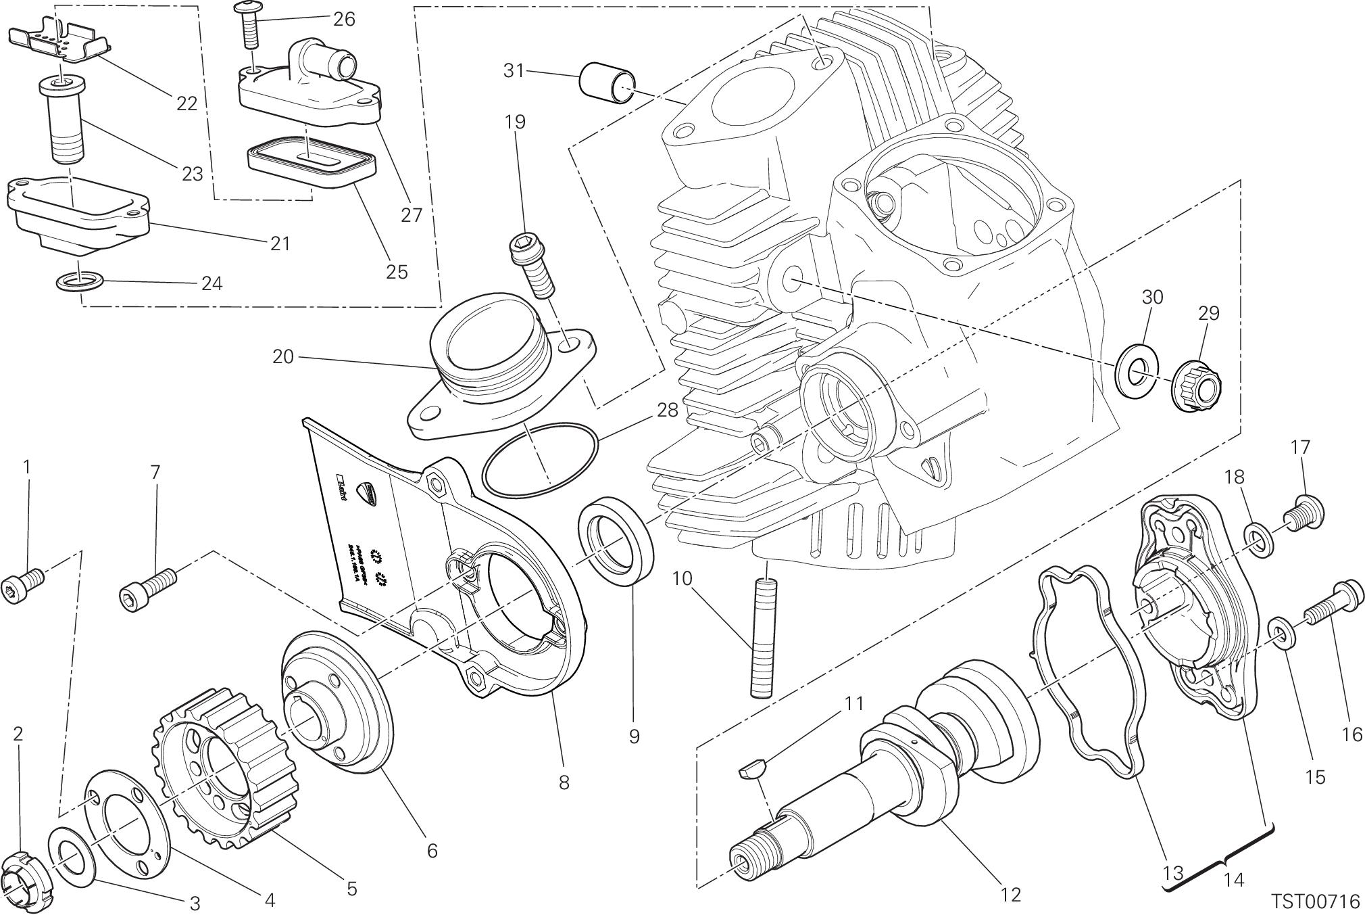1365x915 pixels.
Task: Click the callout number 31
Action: [x=514, y=70]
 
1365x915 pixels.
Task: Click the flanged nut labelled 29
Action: [x=1197, y=388]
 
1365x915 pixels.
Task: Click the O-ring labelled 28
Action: [x=541, y=459]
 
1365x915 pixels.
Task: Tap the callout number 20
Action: [x=283, y=356]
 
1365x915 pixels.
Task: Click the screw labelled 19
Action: [x=532, y=271]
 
